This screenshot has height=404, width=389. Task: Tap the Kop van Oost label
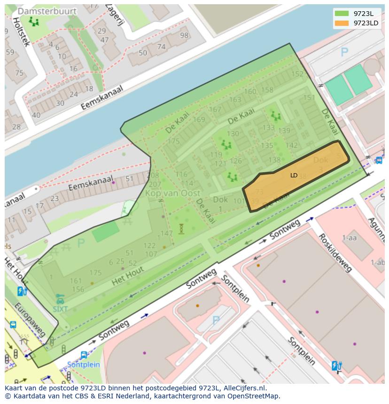pyautogui.click(x=172, y=193)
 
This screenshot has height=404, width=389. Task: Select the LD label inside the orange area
pyautogui.click(x=294, y=175)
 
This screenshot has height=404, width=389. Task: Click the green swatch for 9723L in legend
pyautogui.click(x=342, y=13)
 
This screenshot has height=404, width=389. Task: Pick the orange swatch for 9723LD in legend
pyautogui.click(x=342, y=23)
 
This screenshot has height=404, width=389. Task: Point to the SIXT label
pyautogui.click(x=60, y=309)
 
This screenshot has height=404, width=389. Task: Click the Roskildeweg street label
pyautogui.click(x=335, y=252)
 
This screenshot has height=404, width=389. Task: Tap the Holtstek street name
pyautogui.click(x=21, y=32)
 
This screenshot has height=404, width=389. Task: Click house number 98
pyautogui.click(x=184, y=36)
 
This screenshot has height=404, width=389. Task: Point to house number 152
pyautogui.click(x=297, y=74)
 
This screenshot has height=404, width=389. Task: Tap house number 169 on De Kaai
pyautogui.click(x=199, y=120)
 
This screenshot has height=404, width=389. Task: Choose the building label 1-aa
pyautogui.click(x=350, y=238)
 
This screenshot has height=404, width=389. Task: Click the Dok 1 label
pyautogui.click(x=220, y=204)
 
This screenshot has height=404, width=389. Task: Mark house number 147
pyautogui.click(x=166, y=233)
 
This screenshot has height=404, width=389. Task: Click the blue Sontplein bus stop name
pyautogui.click(x=83, y=365)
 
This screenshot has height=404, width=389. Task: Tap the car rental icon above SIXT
pyautogui.click(x=60, y=299)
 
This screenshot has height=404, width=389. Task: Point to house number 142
pyautogui.click(x=292, y=145)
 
